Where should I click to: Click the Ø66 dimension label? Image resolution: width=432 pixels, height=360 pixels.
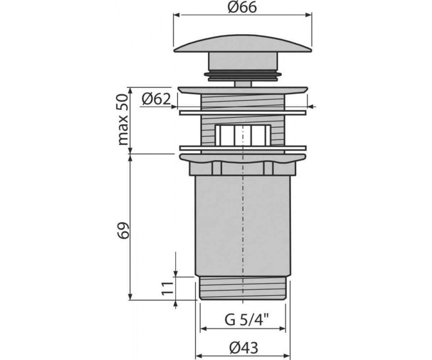click(x=242, y=8)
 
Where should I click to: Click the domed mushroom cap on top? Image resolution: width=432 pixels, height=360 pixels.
click(x=243, y=44)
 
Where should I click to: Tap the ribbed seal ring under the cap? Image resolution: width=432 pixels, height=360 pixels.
click(x=243, y=76)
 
